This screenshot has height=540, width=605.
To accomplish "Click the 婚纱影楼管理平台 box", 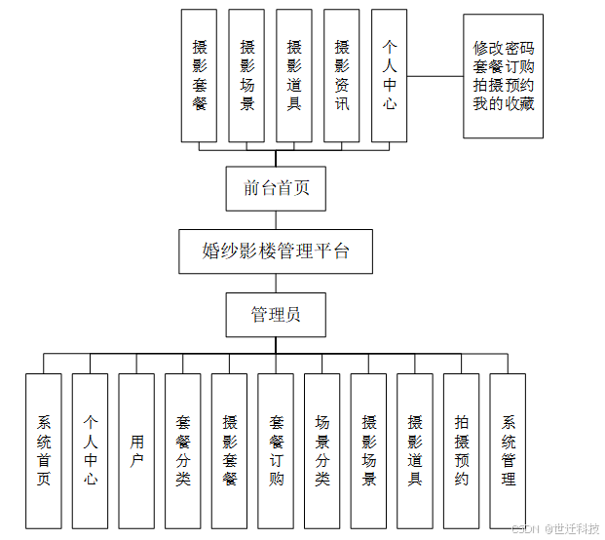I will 276,251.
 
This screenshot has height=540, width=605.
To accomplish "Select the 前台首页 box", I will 276,188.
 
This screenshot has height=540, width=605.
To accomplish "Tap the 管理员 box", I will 276,315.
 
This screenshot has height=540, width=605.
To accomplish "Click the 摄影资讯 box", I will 341,75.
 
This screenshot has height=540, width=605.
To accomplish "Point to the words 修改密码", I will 504,48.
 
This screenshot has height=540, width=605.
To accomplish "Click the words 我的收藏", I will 504,103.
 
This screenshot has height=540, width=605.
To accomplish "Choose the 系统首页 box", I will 44,450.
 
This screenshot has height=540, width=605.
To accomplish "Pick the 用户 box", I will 136,450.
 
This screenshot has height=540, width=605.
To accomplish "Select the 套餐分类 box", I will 183,450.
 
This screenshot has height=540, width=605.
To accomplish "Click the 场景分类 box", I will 322,450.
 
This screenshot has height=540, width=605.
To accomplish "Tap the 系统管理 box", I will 509,450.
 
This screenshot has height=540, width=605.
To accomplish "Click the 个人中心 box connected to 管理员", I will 90,450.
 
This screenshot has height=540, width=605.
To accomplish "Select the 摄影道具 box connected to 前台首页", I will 294,75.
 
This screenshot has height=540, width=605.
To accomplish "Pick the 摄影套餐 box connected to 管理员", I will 230,450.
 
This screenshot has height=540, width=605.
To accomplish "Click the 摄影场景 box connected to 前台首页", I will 247,75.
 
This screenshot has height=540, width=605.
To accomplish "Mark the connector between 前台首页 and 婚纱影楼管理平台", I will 276,219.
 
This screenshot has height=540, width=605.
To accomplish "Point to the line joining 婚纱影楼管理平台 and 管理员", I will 276,283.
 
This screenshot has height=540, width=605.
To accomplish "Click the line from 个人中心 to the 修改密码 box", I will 435,75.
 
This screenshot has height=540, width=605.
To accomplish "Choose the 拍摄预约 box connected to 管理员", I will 462,450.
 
